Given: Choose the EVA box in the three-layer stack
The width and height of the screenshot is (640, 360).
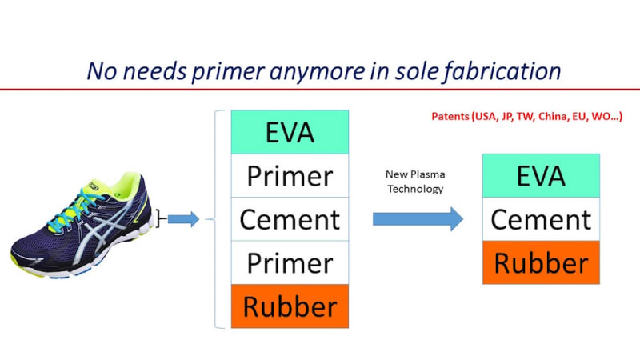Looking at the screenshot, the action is (x=541, y=175).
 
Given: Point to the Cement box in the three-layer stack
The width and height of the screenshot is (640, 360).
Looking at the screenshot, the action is (x=541, y=218).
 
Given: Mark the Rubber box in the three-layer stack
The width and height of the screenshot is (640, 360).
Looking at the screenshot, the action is (x=541, y=262).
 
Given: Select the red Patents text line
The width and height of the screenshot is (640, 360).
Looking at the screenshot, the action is (x=522, y=117).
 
